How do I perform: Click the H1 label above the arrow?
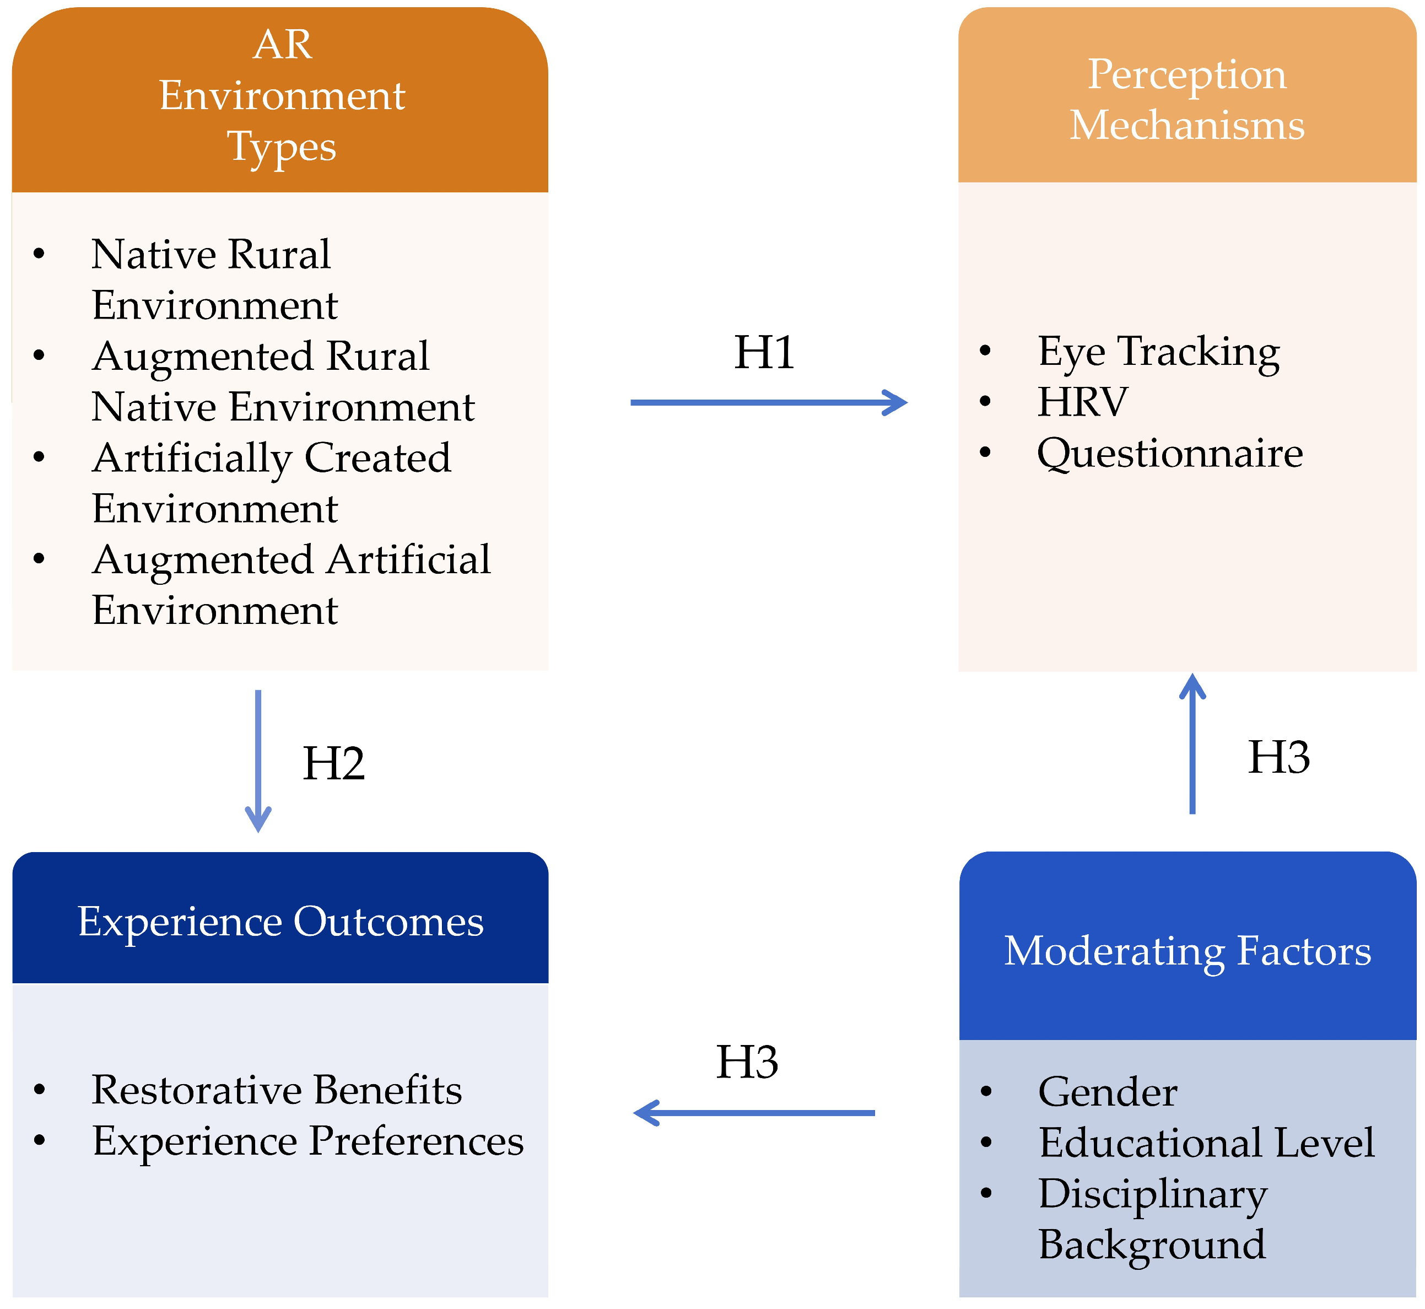click(x=764, y=353)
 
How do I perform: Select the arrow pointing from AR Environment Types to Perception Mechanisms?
click(x=769, y=402)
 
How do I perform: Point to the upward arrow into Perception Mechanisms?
click(x=1192, y=744)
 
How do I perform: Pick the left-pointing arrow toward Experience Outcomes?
click(x=754, y=1113)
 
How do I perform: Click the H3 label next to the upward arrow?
click(x=1278, y=757)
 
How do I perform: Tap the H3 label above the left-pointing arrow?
click(x=747, y=1063)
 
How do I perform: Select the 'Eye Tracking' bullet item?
click(x=1158, y=351)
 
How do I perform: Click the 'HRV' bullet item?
click(x=1082, y=402)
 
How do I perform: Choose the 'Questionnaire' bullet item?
click(x=1169, y=454)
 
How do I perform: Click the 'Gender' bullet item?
click(x=1107, y=1091)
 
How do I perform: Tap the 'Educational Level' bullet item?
click(x=1206, y=1143)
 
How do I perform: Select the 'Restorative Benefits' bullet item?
click(x=276, y=1090)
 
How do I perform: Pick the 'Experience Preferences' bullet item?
click(x=307, y=1141)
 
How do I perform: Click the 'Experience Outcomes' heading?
click(x=280, y=922)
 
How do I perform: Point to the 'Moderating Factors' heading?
click(x=1187, y=951)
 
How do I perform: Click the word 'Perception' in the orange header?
click(x=1186, y=74)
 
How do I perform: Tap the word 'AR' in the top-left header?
click(x=282, y=45)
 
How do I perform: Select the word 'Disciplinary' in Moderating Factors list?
click(x=1152, y=1194)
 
